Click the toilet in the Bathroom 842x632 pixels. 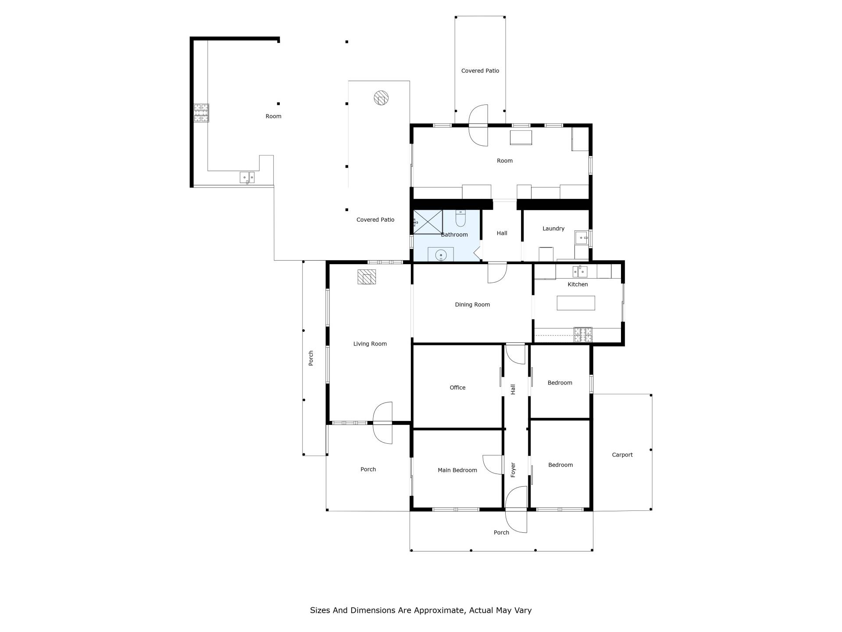click(x=460, y=218)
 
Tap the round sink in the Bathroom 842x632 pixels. click(x=441, y=255)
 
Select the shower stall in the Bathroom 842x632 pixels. click(x=428, y=222)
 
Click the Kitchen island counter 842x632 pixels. click(x=576, y=303)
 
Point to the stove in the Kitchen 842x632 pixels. click(x=583, y=335)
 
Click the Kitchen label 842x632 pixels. click(x=578, y=284)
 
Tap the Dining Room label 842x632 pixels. click(x=472, y=305)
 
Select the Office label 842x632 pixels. click(x=457, y=388)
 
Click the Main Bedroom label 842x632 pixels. click(x=457, y=470)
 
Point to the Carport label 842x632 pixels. click(x=622, y=455)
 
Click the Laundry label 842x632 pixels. click(x=553, y=229)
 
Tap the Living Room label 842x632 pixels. click(x=370, y=344)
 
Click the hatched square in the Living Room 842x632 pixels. click(x=367, y=276)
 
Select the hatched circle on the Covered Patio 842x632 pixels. click(x=381, y=97)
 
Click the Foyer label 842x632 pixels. click(x=513, y=470)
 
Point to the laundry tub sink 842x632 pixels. click(x=581, y=238)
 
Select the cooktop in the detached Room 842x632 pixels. click(x=201, y=113)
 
